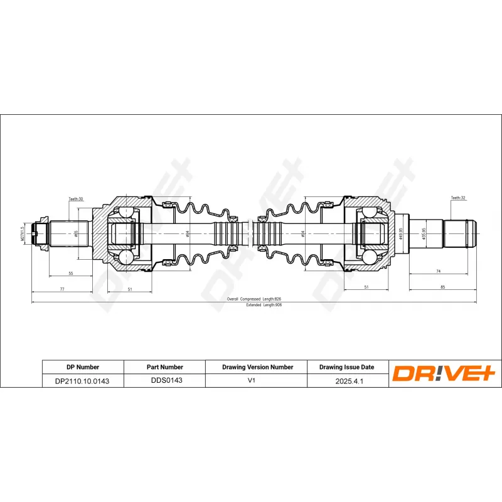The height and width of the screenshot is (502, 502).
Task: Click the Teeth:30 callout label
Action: (76, 199)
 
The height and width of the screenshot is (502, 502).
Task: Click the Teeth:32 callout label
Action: (457, 198)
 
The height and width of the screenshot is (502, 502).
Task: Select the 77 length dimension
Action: (62, 290)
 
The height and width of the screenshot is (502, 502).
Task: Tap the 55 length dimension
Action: (70, 274)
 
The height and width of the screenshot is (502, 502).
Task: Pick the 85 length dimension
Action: (442, 287)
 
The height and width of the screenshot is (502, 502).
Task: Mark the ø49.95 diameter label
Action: (400, 233)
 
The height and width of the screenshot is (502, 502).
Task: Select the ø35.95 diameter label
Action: (425, 233)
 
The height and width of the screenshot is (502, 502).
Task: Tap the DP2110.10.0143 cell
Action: (82, 380)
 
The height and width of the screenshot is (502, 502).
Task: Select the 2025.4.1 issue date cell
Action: (346, 380)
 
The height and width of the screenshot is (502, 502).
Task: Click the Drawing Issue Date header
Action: (346, 367)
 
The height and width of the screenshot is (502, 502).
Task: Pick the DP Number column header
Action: (82, 367)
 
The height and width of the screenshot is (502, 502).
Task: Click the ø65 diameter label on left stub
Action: (76, 233)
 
